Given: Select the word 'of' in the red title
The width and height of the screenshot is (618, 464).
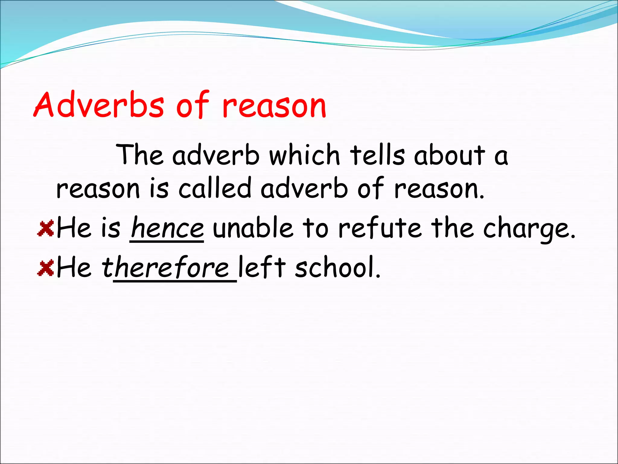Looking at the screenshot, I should point(193,105).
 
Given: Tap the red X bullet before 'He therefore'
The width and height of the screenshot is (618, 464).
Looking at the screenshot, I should point(46,268).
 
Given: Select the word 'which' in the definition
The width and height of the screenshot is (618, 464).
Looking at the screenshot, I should point(305,155).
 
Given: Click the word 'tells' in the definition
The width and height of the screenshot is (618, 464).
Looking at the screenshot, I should point(377,155).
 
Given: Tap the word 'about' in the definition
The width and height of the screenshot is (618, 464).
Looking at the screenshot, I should point(450,155).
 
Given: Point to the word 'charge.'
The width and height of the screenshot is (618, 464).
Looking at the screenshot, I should point(530,230).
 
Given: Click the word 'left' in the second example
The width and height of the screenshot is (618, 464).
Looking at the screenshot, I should point(262,267).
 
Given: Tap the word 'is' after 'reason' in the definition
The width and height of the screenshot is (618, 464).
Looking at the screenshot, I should point(159,188).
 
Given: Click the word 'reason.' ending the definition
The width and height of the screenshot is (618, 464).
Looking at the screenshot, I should point(439,189).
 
